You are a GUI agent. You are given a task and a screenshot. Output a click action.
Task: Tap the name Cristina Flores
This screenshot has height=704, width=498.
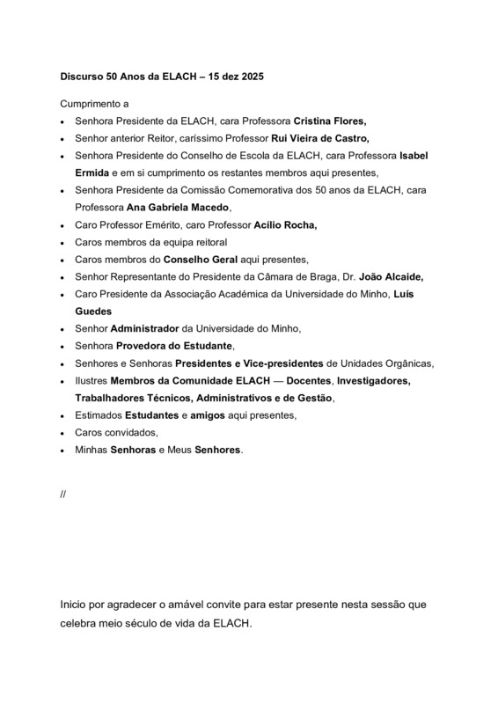(329, 121)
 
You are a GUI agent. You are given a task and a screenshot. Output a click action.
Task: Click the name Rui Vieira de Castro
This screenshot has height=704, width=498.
(312, 138)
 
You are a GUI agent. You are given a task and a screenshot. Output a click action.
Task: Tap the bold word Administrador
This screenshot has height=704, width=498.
(146, 327)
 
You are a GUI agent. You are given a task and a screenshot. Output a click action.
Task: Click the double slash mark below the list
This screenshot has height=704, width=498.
(63, 495)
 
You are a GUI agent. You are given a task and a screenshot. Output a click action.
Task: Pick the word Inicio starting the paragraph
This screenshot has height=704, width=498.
(76, 605)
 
